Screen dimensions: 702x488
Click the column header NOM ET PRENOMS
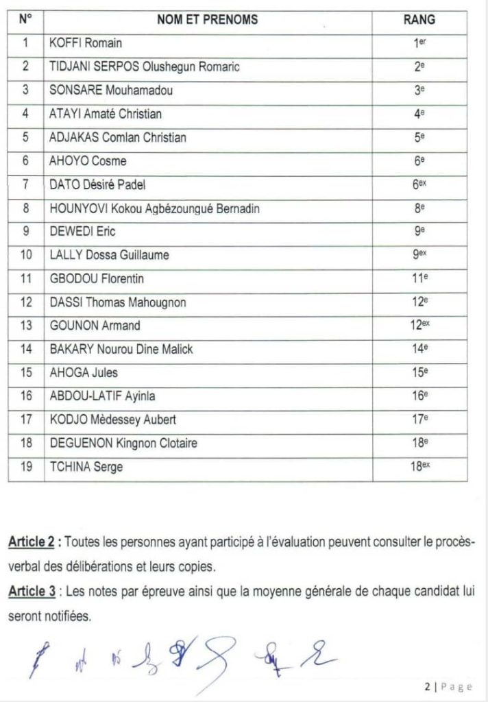click(208, 20)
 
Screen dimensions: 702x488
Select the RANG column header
click(419, 20)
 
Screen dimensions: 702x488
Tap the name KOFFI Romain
click(86, 43)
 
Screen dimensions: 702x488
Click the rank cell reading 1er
click(420, 43)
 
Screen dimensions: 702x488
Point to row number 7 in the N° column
click(26, 184)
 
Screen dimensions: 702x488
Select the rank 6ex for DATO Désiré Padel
click(420, 184)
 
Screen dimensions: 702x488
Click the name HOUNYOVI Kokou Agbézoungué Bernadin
click(155, 208)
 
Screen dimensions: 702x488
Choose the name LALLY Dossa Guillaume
click(110, 255)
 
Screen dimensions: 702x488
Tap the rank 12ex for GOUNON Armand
click(420, 325)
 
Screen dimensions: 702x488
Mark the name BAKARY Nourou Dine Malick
click(122, 349)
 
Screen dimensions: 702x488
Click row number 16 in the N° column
click(26, 396)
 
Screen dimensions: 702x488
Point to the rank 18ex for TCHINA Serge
click(420, 466)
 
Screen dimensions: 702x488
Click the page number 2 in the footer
click(426, 686)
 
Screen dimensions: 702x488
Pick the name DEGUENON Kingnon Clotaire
click(124, 443)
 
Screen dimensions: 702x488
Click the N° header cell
click(26, 20)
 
